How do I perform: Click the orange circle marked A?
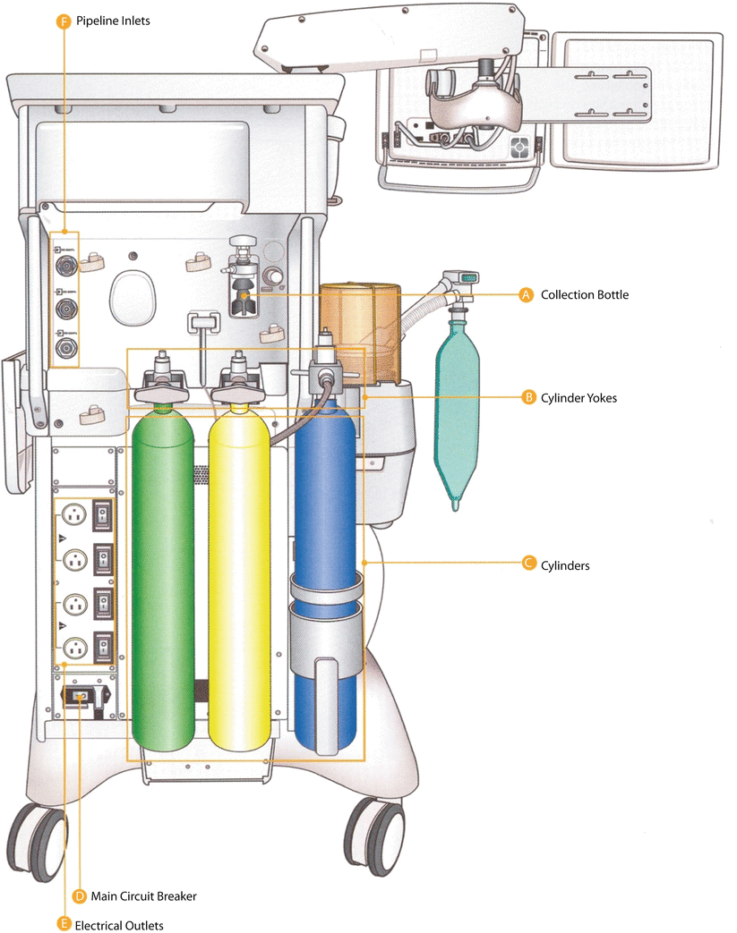pyautogui.click(x=527, y=294)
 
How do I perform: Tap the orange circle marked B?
pyautogui.click(x=527, y=396)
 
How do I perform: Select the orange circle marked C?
pyautogui.click(x=527, y=564)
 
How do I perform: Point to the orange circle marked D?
pyautogui.click(x=79, y=895)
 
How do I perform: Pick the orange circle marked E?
pyautogui.click(x=63, y=924)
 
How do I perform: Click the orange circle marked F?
pyautogui.click(x=63, y=19)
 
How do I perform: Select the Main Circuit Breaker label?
pyautogui.click(x=143, y=895)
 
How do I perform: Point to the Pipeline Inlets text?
pyautogui.click(x=113, y=19)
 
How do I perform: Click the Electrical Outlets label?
pyautogui.click(x=119, y=924)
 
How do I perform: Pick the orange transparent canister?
pyautogui.click(x=358, y=331)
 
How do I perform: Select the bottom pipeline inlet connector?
pyautogui.click(x=65, y=347)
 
